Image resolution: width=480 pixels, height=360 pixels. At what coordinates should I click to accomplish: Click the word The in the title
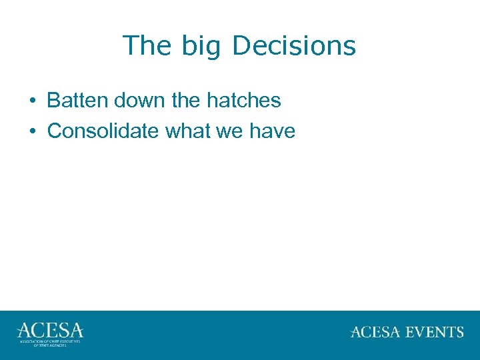click(x=143, y=46)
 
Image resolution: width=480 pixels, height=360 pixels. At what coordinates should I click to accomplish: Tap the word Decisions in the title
click(x=294, y=46)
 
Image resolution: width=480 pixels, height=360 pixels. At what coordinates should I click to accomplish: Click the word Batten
click(x=77, y=101)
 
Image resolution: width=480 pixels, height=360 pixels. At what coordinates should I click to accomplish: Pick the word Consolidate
click(x=103, y=131)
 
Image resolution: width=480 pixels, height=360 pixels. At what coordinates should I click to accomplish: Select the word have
click(x=273, y=131)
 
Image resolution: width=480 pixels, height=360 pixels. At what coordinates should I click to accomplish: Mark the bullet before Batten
click(x=32, y=101)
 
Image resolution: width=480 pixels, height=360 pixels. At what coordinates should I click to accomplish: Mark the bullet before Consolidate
click(x=32, y=131)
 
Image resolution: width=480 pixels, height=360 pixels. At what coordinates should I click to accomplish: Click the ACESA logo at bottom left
click(x=50, y=331)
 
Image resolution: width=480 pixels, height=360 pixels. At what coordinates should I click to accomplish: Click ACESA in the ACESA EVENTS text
click(x=374, y=332)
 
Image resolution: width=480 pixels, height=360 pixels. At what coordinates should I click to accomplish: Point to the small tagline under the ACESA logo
click(x=50, y=343)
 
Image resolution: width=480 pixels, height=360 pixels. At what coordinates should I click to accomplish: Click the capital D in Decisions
click(x=241, y=46)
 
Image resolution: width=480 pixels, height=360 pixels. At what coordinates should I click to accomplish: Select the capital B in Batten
click(x=53, y=101)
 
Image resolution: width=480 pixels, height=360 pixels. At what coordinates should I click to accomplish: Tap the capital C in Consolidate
click(x=54, y=131)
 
